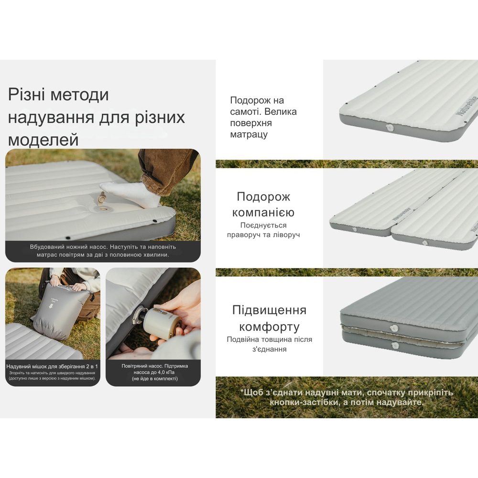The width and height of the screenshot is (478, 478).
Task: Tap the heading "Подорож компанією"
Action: tap(263, 205)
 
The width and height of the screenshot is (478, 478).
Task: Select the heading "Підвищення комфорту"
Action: tap(269, 318)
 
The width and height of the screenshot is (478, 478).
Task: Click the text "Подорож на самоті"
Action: tap(257, 106)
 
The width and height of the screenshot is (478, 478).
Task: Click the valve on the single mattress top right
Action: tap(388, 128)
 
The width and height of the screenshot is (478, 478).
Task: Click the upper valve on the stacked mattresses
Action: tap(394, 328)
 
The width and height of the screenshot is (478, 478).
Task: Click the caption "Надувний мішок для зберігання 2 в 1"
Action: tap(52, 366)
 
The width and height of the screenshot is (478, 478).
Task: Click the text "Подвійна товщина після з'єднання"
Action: tap(269, 344)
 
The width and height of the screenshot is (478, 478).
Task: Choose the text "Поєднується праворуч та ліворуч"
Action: tap(263, 230)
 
